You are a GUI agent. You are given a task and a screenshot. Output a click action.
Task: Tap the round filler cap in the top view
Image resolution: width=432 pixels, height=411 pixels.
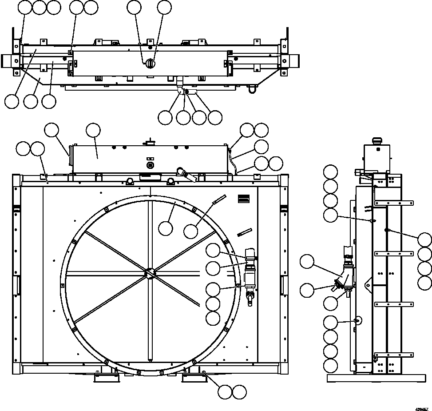click(151, 64)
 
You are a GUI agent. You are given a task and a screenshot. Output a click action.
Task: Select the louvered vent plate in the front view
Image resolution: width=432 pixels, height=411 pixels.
click(243, 199)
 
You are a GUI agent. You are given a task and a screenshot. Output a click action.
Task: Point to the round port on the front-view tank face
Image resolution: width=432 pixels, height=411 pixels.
click(150, 165)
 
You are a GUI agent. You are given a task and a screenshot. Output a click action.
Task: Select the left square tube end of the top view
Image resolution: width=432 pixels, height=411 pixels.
click(8, 61)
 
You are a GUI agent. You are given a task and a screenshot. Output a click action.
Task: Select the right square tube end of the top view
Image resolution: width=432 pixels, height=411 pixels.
click(292, 61)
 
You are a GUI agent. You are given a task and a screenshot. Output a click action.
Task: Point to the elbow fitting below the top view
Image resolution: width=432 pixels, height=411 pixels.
click(180, 89)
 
